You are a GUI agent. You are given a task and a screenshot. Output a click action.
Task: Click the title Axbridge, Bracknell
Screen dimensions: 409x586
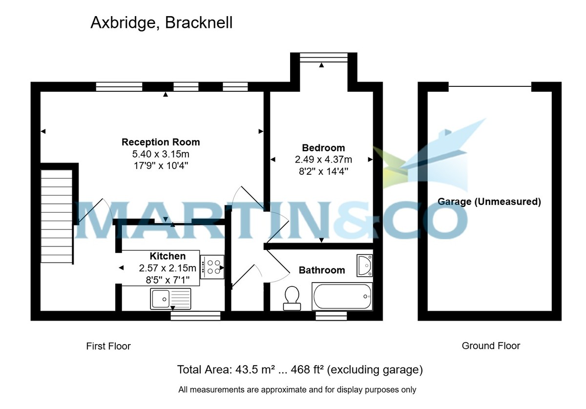click(161, 22)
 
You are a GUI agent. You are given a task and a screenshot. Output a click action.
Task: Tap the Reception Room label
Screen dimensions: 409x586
click(161, 142)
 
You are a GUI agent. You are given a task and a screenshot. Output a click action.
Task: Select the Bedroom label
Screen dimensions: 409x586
click(323, 148)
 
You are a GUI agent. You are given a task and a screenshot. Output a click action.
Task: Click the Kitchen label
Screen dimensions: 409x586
click(167, 256)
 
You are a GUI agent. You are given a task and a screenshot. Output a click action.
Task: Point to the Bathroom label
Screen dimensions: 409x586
click(322, 270)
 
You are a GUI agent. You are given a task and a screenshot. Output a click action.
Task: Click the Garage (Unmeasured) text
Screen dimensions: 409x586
click(489, 202)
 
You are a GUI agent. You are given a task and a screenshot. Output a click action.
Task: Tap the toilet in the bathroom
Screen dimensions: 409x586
click(292, 298)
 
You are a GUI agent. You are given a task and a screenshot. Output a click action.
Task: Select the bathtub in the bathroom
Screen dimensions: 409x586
click(342, 296)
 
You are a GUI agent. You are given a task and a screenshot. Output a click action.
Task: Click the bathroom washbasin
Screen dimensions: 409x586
click(364, 265)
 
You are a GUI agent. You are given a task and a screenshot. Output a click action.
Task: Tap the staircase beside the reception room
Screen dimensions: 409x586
click(57, 216)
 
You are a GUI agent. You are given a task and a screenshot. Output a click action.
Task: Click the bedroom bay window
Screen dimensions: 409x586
click(322, 58)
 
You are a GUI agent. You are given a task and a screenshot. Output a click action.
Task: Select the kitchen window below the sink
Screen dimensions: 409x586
click(195, 316)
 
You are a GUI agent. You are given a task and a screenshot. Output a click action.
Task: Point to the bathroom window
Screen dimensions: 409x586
click(331, 316)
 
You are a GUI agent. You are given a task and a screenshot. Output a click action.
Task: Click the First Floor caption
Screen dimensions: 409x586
click(108, 346)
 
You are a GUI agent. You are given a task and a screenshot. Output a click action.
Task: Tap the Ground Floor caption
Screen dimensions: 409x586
click(491, 346)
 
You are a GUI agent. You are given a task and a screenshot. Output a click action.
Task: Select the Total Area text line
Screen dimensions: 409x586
click(300, 370)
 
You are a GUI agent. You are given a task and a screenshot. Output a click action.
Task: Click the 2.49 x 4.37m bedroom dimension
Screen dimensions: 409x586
click(323, 160)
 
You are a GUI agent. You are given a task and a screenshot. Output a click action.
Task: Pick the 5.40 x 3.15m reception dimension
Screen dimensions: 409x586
click(161, 154)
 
